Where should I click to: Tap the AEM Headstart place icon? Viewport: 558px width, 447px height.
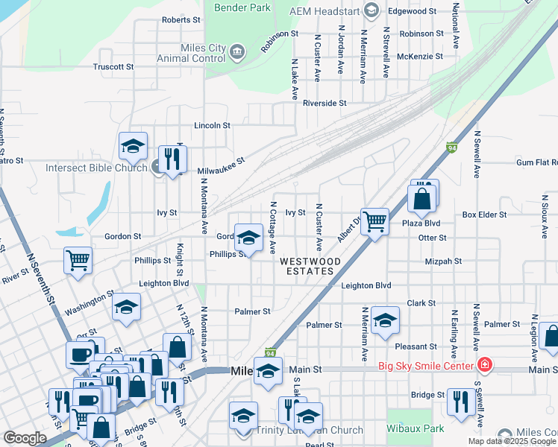point(371,10)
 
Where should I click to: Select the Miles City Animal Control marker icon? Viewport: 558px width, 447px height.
point(237,51)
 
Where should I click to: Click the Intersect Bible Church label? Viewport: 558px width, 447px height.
point(96,168)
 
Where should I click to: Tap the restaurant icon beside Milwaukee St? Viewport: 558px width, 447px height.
point(172,159)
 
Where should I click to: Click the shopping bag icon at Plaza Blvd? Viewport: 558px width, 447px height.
point(421,200)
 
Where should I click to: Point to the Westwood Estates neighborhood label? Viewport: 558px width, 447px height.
point(310,267)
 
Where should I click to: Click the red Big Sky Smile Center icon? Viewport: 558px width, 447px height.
point(485,365)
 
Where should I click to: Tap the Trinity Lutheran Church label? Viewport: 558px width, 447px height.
point(310,430)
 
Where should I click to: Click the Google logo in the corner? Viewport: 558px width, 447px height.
point(24,438)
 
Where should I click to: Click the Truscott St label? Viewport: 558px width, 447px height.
point(113,66)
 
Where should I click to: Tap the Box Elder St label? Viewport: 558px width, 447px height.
point(484,215)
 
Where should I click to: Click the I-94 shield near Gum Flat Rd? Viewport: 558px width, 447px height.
point(451,148)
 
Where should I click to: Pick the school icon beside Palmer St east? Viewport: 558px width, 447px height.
point(385,321)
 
